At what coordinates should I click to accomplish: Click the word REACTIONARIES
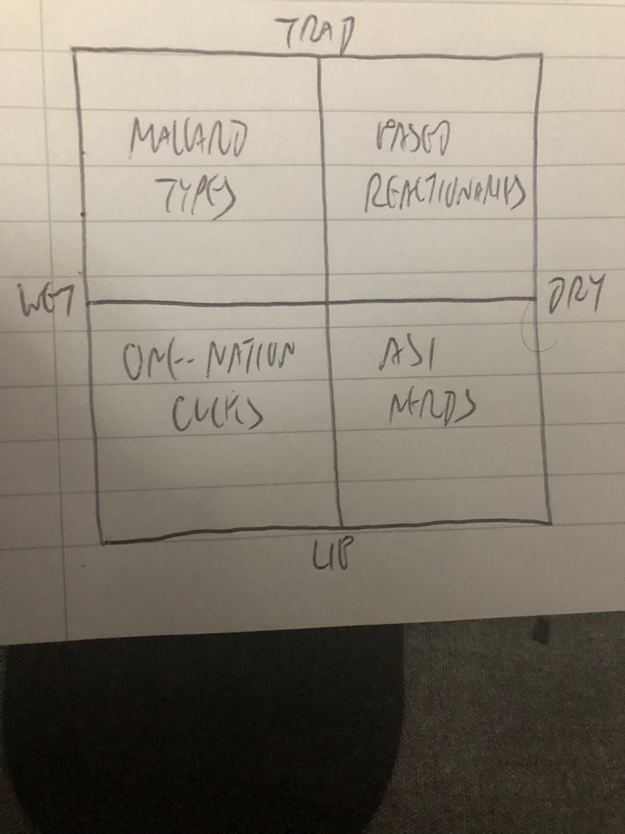[x=445, y=196]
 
